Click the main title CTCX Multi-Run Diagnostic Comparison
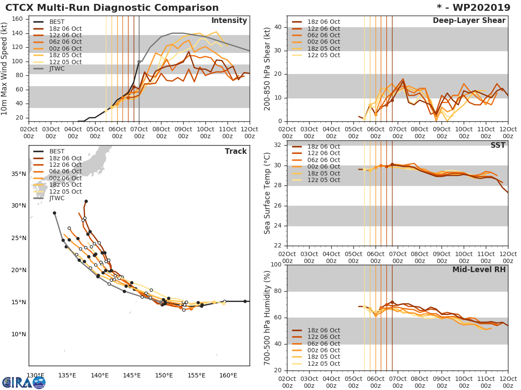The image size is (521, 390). (x=112, y=8)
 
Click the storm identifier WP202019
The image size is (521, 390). (x=478, y=8)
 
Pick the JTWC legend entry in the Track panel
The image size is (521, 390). (x=56, y=198)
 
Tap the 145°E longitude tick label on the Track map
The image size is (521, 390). (x=132, y=375)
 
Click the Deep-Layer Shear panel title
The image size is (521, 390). (x=469, y=21)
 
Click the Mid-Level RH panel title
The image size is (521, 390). (x=479, y=270)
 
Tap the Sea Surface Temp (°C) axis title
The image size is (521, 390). (x=267, y=193)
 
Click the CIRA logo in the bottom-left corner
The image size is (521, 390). (x=23, y=382)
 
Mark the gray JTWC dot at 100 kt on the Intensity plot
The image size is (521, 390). (x=139, y=62)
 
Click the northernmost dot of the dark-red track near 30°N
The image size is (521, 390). (x=86, y=201)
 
